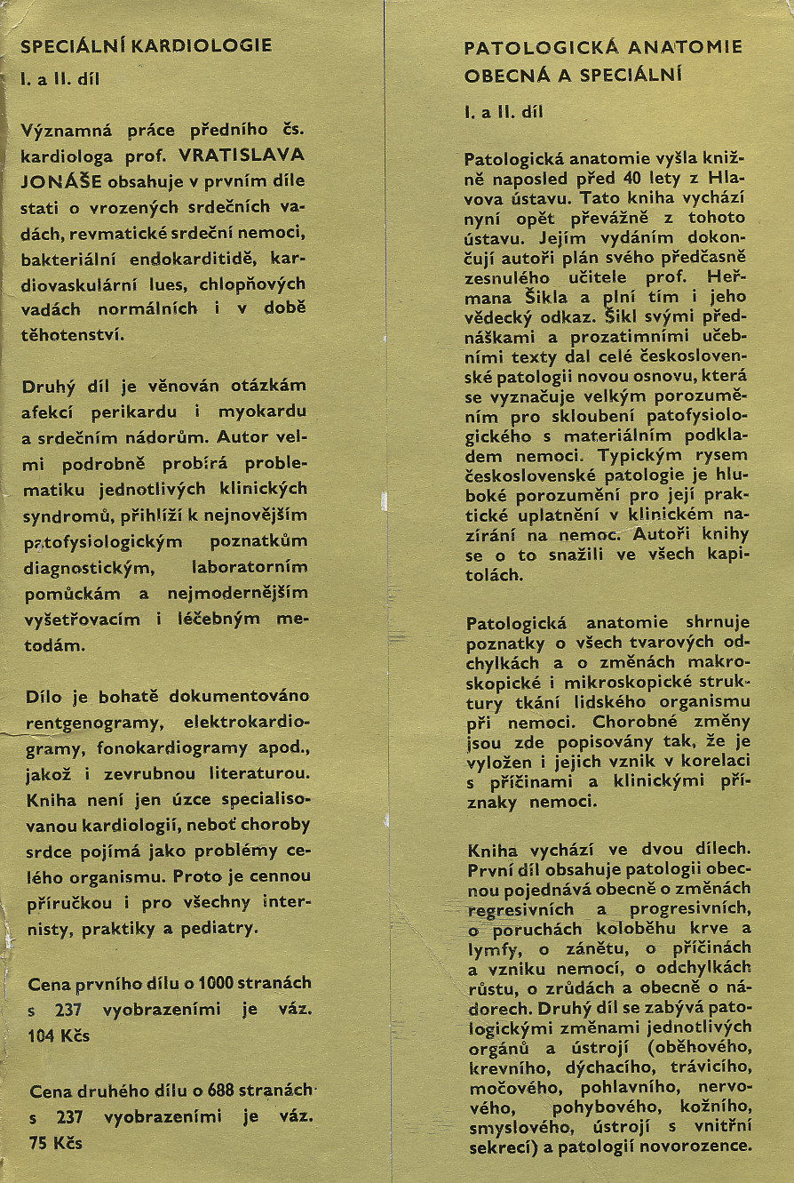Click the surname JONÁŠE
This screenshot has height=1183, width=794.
61,182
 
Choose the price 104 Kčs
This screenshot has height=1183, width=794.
60,1035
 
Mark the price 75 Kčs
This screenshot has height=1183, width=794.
55,1143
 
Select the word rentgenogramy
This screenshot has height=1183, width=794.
80,723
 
